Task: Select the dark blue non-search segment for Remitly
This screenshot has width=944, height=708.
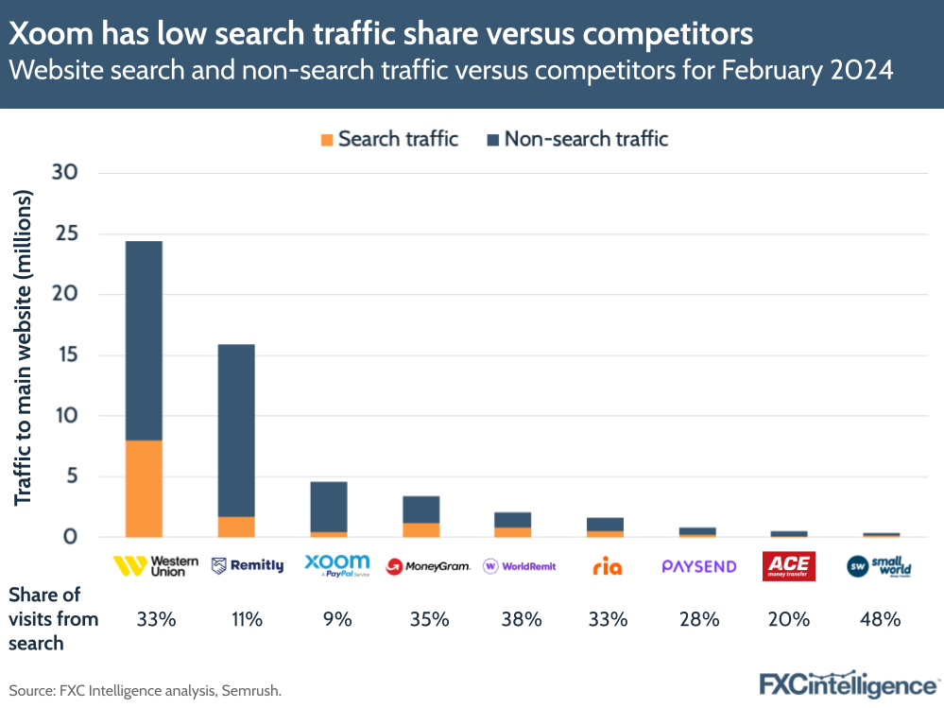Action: [x=235, y=430]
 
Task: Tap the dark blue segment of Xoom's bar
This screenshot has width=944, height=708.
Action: [x=329, y=507]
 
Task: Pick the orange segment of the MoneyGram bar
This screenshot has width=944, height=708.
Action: [x=421, y=529]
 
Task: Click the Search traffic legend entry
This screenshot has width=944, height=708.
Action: [x=389, y=139]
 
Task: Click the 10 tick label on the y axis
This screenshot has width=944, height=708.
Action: [x=65, y=416]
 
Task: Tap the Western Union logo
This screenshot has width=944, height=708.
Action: [x=156, y=565]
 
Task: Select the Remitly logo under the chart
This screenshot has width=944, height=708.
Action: [x=247, y=565]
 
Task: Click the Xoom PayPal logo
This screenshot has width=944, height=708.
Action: [x=336, y=565]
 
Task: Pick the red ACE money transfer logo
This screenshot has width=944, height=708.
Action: [x=788, y=566]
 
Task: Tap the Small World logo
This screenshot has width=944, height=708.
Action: [x=879, y=565]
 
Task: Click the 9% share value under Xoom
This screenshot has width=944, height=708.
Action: [x=336, y=620]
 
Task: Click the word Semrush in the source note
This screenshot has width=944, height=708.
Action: [x=250, y=691]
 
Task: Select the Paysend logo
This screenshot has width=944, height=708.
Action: [x=698, y=566]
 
